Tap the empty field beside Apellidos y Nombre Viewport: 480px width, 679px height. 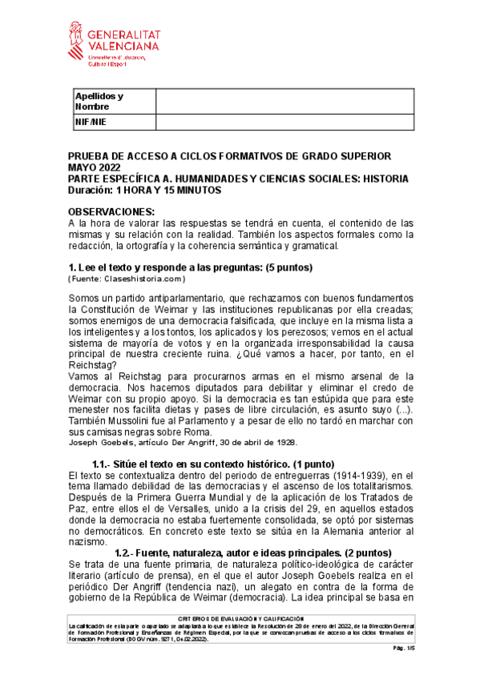point(284,102)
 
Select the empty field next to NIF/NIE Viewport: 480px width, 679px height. point(284,122)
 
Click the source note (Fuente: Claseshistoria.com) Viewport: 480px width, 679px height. point(127,279)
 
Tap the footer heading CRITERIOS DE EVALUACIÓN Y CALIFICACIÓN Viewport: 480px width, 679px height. point(240,618)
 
